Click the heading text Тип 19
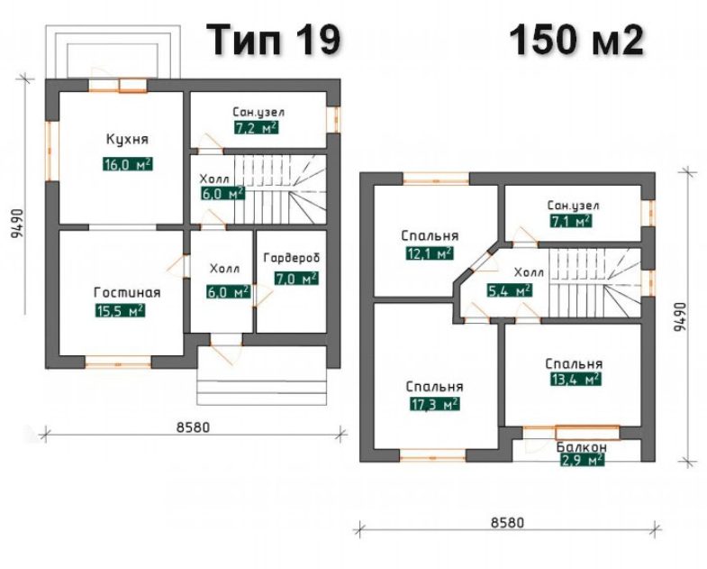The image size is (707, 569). point(273,40)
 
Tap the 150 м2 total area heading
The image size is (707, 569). point(576,40)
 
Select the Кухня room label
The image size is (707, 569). point(127,139)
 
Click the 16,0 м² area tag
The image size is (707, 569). point(128,164)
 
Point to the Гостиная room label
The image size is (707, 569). point(127,293)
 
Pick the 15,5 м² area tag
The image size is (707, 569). point(120,310)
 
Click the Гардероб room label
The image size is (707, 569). point(292,258)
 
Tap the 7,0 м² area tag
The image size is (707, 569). point(296,278)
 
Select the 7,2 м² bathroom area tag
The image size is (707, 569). point(256,128)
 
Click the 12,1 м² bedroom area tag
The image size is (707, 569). point(430,253)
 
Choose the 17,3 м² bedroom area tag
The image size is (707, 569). point(435,404)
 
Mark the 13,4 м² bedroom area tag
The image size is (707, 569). point(576,379)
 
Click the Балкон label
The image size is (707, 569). point(581,447)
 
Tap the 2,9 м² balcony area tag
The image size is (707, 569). point(582,460)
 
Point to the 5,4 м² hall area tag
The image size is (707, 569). point(510,290)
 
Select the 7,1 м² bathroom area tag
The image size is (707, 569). point(571,221)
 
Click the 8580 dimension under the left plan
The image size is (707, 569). point(193,427)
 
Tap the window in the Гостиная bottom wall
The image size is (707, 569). point(118,363)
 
